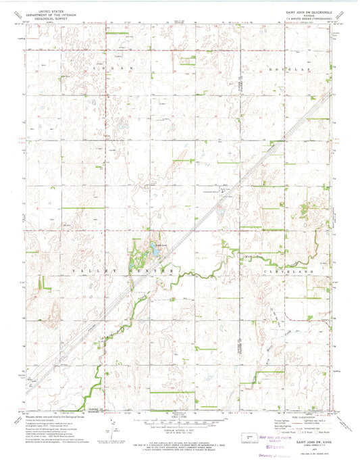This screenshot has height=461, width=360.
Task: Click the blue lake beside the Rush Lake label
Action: point(154,252)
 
